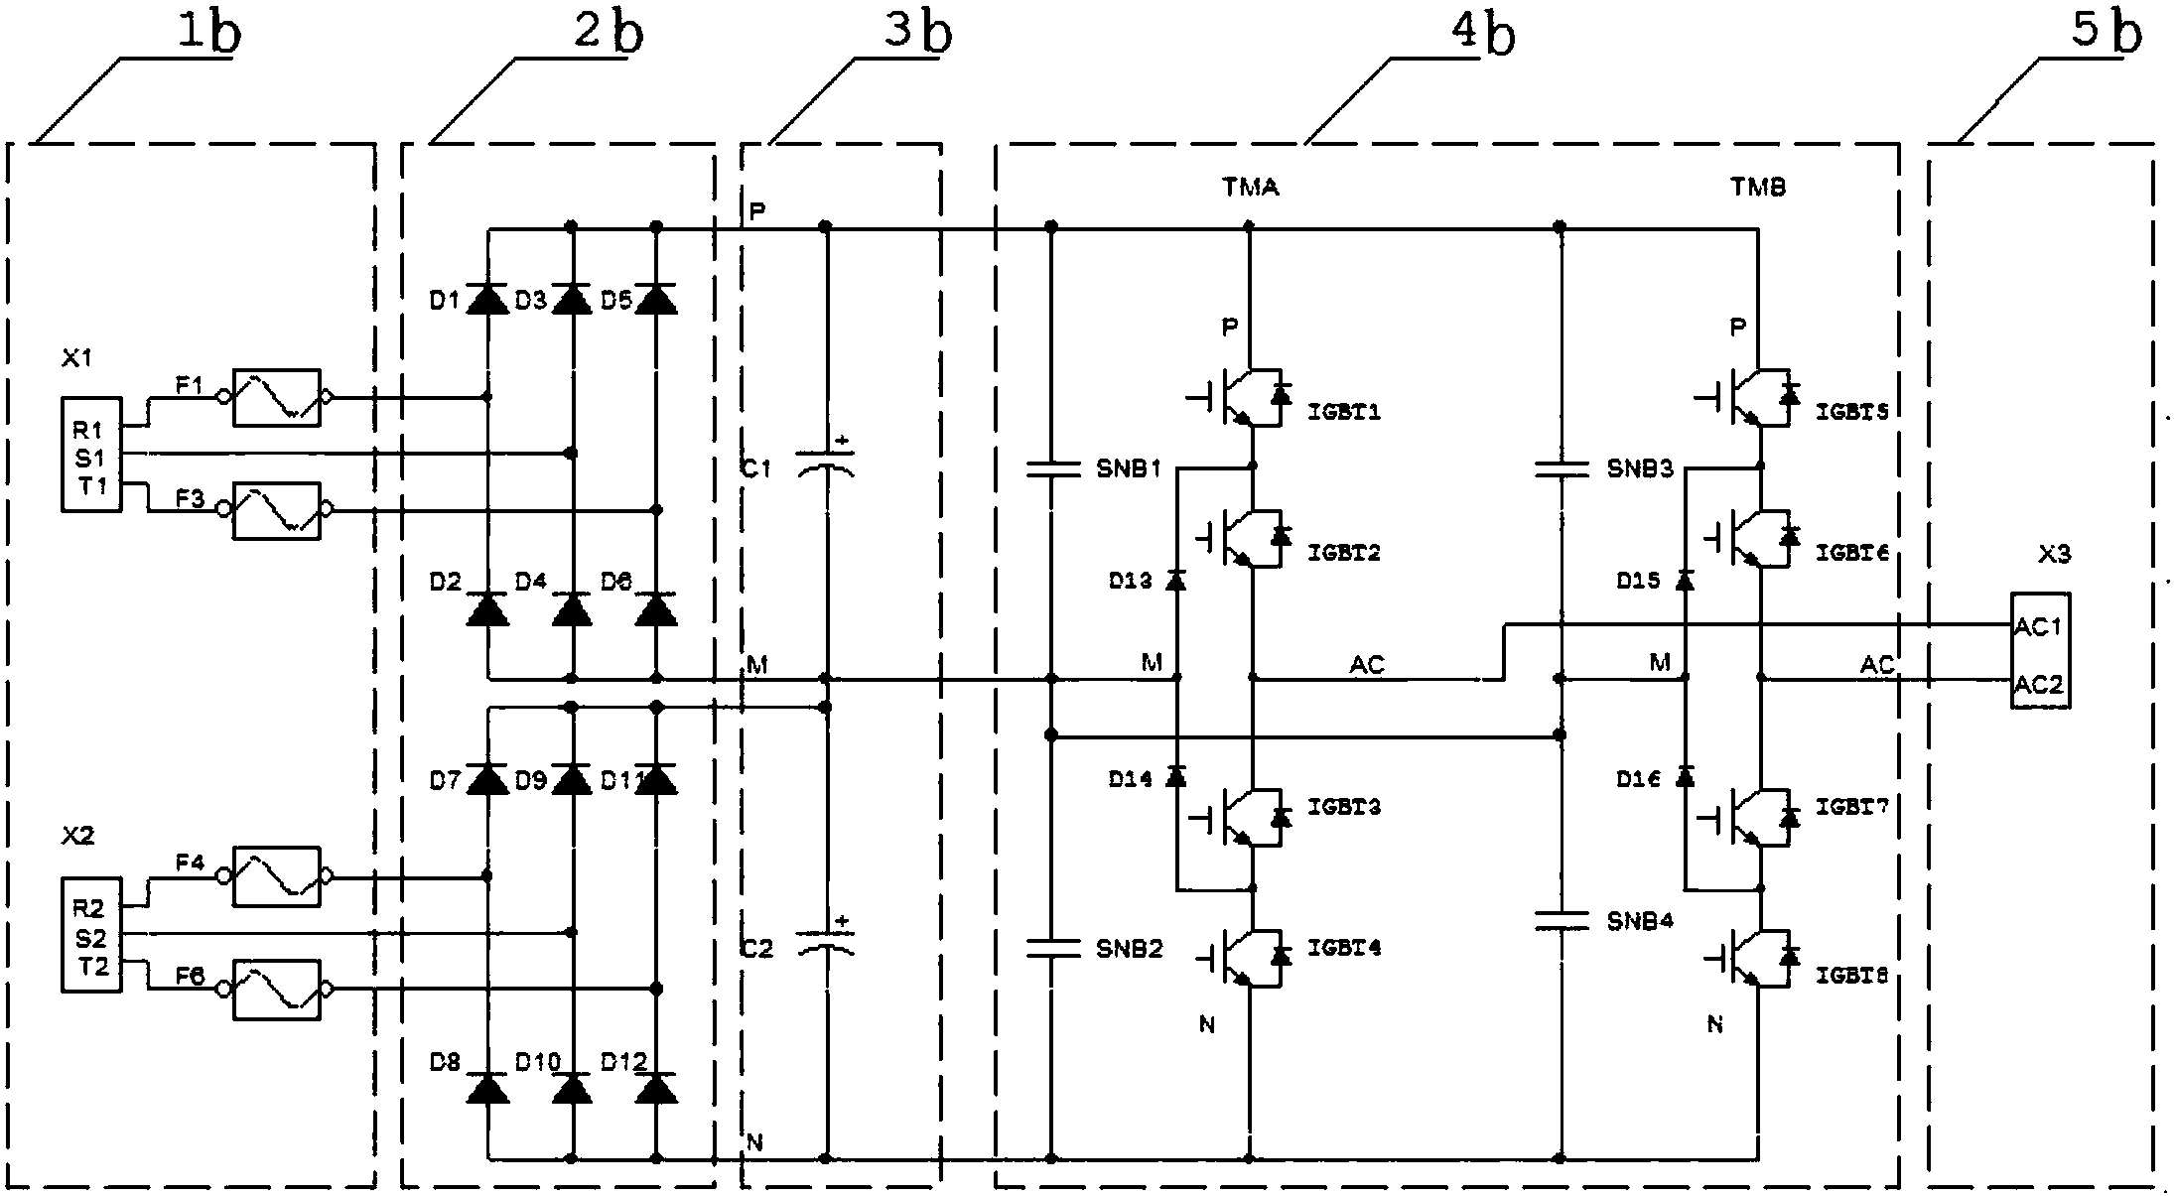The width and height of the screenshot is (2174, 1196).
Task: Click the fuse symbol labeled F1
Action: coord(276,398)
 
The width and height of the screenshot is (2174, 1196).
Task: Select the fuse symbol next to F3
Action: coord(276,511)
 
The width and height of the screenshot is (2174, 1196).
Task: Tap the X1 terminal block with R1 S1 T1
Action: coord(91,456)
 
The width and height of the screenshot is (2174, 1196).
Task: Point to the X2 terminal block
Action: coord(91,935)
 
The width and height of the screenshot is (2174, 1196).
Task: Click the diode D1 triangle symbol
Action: coord(487,299)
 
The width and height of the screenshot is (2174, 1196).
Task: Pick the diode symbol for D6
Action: coord(656,608)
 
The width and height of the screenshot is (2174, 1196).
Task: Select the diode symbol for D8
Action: coord(487,1089)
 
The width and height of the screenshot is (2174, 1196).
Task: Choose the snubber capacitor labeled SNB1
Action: coord(1052,468)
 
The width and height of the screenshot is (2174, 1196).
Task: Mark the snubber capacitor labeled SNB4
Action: coord(1562,921)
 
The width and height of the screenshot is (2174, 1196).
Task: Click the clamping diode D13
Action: coord(1176,581)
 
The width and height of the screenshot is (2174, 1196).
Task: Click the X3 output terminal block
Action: coord(2040,650)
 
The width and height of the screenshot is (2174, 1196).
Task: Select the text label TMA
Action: coord(1251,187)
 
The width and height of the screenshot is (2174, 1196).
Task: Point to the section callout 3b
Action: coord(917,34)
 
